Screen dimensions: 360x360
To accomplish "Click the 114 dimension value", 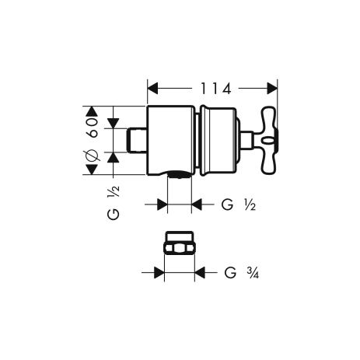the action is [x=215, y=89].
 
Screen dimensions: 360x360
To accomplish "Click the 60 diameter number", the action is [x=93, y=128].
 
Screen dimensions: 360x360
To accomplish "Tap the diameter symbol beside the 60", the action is [x=92, y=155].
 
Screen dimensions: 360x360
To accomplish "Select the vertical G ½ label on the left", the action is [x=114, y=203].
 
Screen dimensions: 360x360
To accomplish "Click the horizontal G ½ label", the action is [x=239, y=205].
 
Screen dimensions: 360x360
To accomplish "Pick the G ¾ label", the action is [x=242, y=273].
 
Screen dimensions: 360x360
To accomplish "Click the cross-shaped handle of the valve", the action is [x=269, y=140].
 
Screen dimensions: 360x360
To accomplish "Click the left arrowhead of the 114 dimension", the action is [x=152, y=89].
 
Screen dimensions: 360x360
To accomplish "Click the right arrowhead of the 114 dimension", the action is [x=272, y=89].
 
